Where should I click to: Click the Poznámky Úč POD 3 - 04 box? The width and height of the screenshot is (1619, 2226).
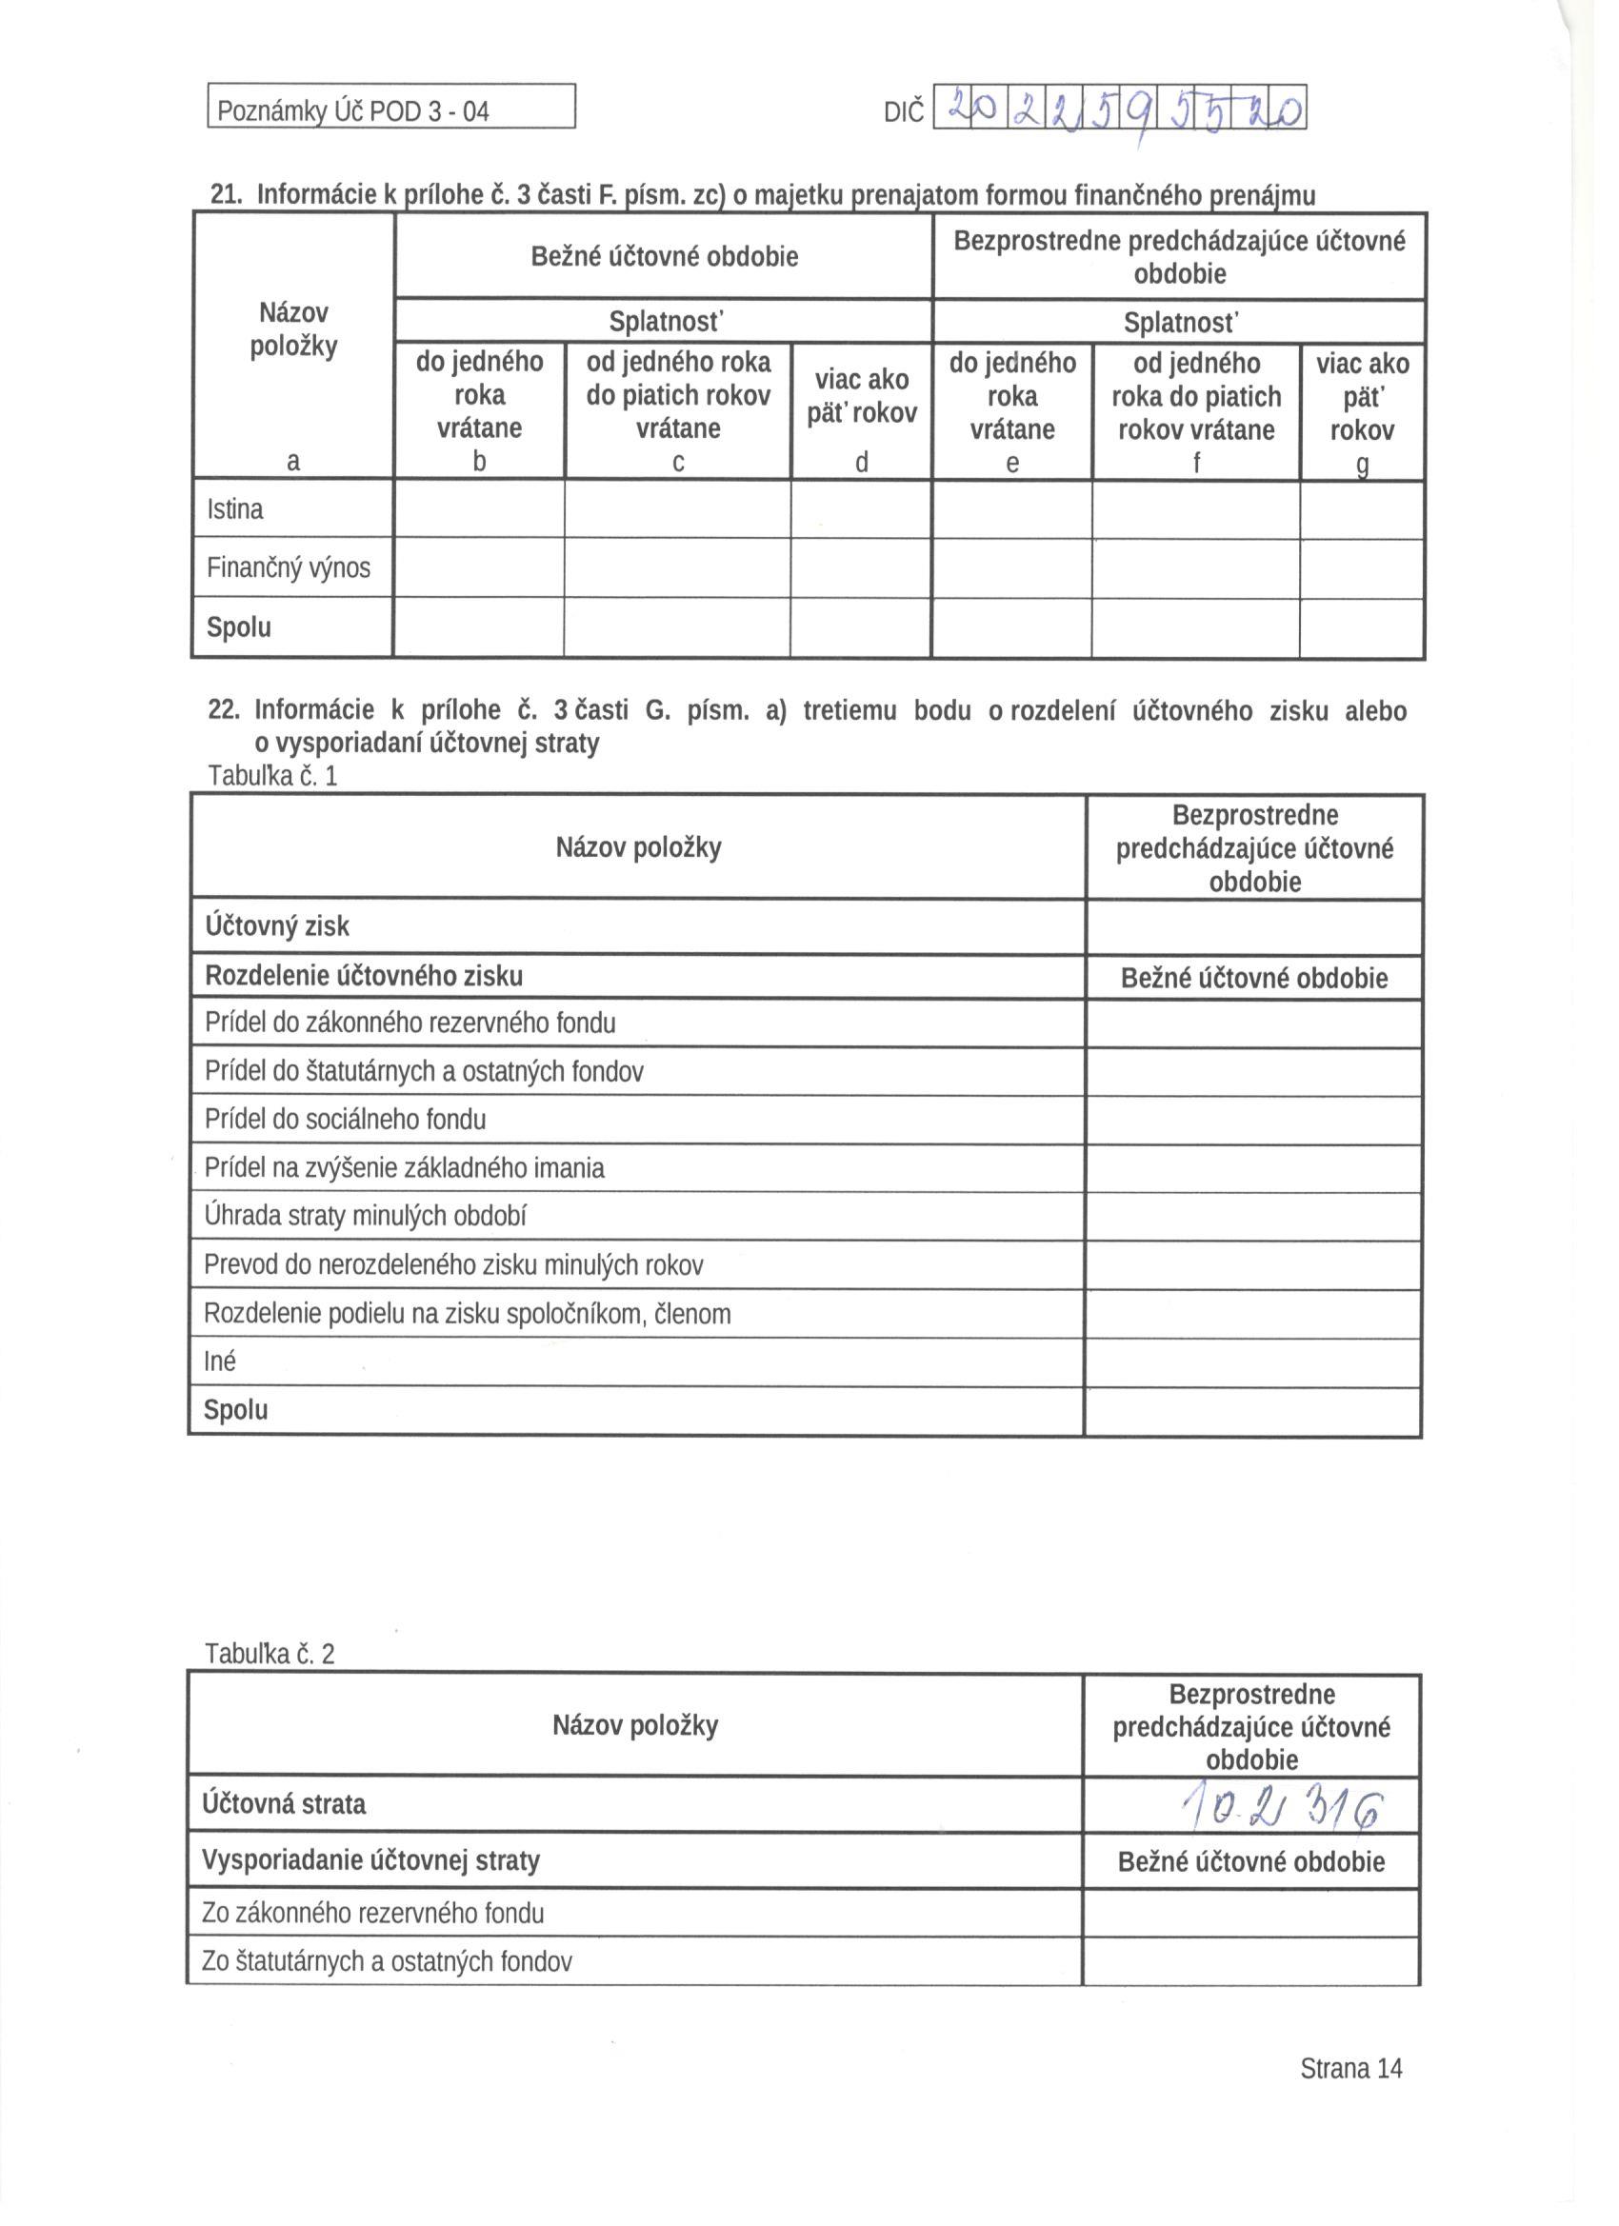390,108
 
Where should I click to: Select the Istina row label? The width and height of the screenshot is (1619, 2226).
235,509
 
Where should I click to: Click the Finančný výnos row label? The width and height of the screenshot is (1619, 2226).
289,567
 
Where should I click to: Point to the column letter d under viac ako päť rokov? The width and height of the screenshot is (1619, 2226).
861,463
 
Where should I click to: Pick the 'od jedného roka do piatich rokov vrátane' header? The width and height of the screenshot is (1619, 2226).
677,394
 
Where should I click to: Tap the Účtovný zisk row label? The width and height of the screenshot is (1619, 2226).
277,925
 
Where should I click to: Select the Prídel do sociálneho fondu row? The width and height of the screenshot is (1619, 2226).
346,1119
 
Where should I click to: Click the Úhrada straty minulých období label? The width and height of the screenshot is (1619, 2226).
366,1216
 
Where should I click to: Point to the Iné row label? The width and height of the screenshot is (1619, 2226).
220,1361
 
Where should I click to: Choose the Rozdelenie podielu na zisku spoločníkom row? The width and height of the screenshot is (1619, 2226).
468,1313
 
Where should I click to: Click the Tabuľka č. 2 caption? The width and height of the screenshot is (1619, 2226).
270,1654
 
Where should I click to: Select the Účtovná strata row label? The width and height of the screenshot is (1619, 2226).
284,1804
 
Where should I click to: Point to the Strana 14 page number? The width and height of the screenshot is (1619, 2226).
1351,2068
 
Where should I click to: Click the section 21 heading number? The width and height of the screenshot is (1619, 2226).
226,194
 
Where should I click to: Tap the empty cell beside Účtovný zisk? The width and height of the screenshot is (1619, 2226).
1253,926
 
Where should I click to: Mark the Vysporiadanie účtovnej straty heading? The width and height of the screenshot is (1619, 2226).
371,1859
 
